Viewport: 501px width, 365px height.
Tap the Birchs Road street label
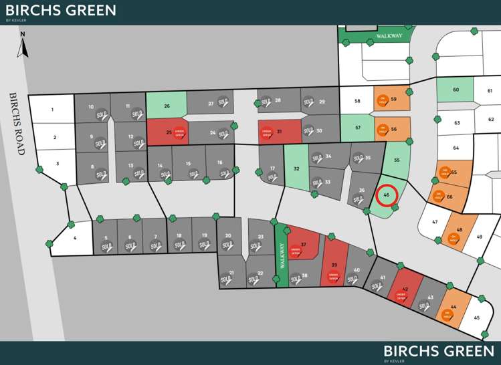(17, 124)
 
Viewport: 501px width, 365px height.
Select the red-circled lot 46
(387, 195)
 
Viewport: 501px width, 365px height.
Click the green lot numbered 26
(166, 106)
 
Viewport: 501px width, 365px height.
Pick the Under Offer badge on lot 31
(266, 132)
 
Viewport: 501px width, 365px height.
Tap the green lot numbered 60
(455, 90)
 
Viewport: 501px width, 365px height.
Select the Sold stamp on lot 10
(102, 116)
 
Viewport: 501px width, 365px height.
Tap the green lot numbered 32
(296, 169)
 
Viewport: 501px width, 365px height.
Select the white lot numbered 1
(52, 109)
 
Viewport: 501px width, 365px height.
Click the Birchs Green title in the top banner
(60, 10)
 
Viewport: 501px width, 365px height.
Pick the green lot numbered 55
(397, 160)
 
